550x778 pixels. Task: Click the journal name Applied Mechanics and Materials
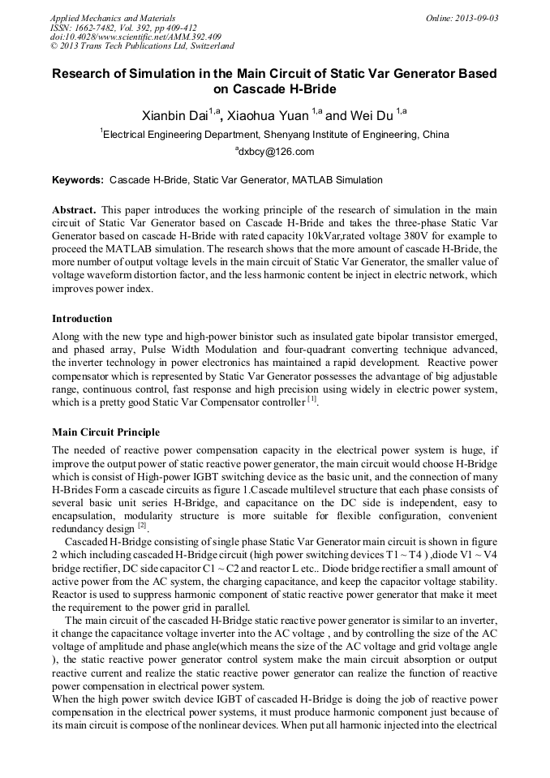pos(112,17)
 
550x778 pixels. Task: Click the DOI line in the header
pos(135,37)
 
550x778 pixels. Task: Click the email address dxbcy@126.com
pos(275,151)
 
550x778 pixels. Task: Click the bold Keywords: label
pos(79,179)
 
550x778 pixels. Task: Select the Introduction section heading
pos(82,318)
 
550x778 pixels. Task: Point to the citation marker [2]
pos(142,525)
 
